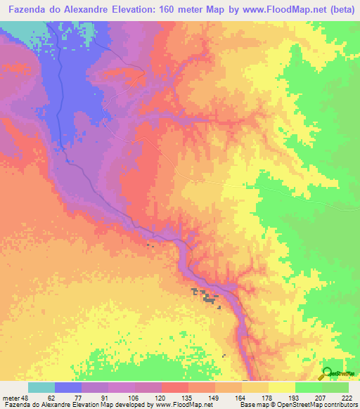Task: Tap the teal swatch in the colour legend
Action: click(41, 387)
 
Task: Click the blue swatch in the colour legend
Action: click(68, 387)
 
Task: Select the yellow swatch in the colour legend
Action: click(282, 387)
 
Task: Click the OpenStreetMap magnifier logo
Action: click(327, 372)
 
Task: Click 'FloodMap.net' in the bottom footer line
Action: click(190, 405)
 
